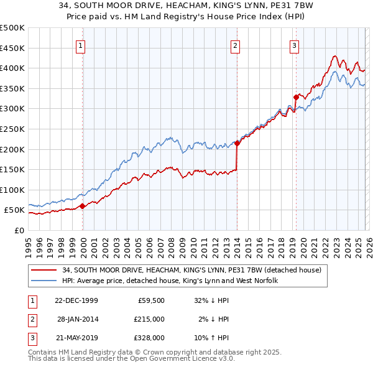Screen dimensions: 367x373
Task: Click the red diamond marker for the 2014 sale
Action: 237,143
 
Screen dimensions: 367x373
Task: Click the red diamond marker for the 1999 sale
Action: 83,206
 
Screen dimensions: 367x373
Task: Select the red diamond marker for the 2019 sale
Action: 295,97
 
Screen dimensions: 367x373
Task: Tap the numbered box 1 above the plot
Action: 81,45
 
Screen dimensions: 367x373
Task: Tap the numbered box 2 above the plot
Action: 236,45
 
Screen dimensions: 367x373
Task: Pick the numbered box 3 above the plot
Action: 294,45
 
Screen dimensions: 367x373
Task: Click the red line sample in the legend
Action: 44,271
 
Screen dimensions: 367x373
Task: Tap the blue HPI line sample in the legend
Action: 44,281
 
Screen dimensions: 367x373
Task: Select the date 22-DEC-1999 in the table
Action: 76,300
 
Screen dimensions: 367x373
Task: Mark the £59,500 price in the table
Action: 150,300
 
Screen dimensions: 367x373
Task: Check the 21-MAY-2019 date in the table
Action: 76,338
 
